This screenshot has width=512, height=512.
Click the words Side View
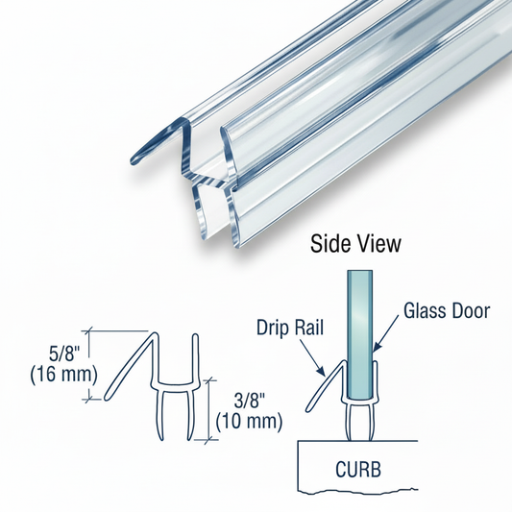[355, 244]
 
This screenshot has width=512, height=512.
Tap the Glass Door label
[447, 310]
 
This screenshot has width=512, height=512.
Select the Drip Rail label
[290, 328]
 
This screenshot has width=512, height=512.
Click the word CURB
[358, 469]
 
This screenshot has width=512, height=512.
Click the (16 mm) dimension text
[64, 375]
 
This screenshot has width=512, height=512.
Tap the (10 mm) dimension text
[249, 422]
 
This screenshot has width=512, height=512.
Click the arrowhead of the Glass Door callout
[375, 348]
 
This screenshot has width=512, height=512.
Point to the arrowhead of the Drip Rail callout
[323, 371]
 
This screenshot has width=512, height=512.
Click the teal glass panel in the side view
[359, 333]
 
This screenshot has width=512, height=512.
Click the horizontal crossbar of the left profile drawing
[175, 383]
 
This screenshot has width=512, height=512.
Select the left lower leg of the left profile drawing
[161, 411]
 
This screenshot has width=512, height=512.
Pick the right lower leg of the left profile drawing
[189, 411]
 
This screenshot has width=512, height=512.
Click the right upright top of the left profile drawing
[195, 335]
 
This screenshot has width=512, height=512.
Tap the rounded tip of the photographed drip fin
[134, 161]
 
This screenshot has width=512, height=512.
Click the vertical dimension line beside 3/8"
[208, 409]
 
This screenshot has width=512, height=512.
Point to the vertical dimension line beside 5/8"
[88, 365]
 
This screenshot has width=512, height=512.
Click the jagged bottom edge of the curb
[358, 491]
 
